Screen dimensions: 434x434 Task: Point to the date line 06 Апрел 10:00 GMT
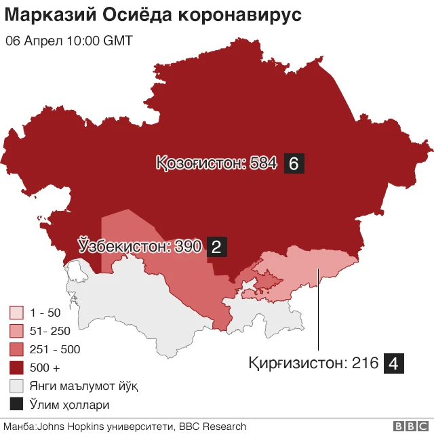pos(68,41)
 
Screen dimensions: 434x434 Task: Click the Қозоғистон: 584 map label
pos(216,163)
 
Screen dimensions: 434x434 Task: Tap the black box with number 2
pos(217,247)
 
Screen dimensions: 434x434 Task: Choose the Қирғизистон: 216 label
pos(313,363)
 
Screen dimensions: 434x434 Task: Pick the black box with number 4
pos(395,363)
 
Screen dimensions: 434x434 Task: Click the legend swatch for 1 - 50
pos(17,313)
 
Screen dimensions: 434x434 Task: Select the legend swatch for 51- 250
pos(17,331)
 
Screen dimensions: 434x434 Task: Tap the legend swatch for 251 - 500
pos(17,349)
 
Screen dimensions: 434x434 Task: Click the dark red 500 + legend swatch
pos(17,368)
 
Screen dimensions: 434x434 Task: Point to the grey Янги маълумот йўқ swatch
pos(17,386)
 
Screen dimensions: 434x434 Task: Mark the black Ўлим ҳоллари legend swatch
pos(17,405)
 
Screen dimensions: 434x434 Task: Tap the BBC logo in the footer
pos(410,427)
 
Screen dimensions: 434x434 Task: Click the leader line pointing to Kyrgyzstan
pos(319,312)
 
